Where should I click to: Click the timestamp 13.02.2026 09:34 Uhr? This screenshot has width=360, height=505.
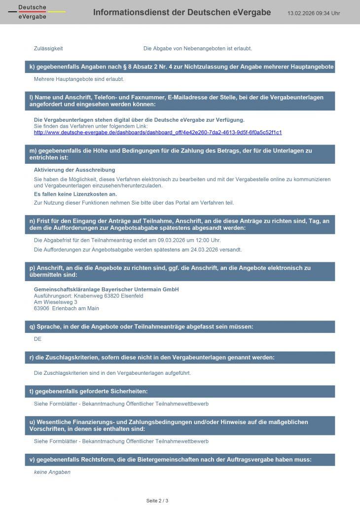314,13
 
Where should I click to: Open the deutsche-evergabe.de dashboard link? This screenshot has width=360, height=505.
158,132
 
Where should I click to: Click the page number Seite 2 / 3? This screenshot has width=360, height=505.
157,501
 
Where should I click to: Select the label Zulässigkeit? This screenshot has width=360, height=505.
48,48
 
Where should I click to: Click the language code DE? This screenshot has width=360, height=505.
37,339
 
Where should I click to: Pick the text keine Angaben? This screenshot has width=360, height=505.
52,472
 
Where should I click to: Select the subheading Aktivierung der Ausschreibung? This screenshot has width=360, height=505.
74,170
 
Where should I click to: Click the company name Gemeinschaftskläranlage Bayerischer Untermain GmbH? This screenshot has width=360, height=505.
106,289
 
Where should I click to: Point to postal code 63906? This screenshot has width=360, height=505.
41,308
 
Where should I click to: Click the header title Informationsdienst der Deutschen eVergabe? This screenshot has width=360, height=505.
182,12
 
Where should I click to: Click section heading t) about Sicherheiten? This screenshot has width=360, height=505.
89,391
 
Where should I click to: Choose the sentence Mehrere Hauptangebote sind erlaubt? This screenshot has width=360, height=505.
79,79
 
